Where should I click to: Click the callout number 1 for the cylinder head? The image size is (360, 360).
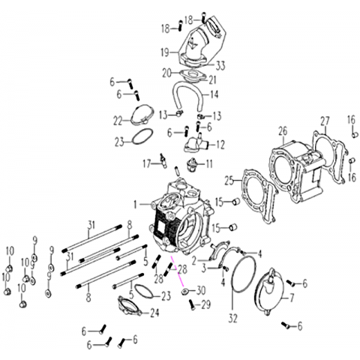(x=135, y=205)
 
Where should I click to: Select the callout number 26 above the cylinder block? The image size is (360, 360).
(x=283, y=131)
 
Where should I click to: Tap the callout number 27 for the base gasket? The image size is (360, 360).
(x=325, y=121)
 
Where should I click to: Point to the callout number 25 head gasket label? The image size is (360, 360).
(x=229, y=181)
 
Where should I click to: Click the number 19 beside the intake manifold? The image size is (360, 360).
(x=165, y=52)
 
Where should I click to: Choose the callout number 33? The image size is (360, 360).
(x=220, y=66)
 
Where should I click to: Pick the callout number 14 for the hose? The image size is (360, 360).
(x=214, y=94)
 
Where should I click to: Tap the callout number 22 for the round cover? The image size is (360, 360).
(x=118, y=121)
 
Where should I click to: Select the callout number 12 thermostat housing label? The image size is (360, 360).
(x=220, y=145)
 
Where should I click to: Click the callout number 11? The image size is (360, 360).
(x=208, y=164)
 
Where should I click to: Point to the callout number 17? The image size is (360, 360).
(x=147, y=164)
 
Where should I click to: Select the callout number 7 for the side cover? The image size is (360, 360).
(x=292, y=298)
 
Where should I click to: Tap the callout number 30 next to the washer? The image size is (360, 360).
(x=201, y=290)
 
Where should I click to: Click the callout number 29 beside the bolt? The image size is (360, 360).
(x=205, y=304)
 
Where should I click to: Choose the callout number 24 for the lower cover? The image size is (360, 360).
(x=154, y=313)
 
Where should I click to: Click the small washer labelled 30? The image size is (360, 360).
(x=185, y=291)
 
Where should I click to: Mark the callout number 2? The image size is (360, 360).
(x=194, y=261)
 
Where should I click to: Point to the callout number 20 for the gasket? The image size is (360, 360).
(x=167, y=73)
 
